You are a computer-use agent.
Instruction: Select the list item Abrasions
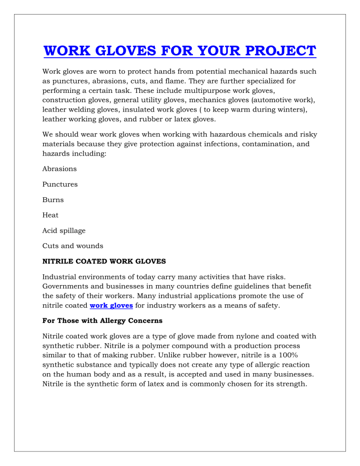tap(60, 169)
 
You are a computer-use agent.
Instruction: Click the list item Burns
tap(53, 200)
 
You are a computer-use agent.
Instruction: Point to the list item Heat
tap(51, 215)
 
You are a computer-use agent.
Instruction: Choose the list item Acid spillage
tap(64, 231)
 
